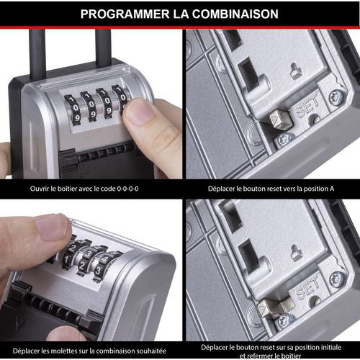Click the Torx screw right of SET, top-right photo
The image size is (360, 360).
point(335,97)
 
